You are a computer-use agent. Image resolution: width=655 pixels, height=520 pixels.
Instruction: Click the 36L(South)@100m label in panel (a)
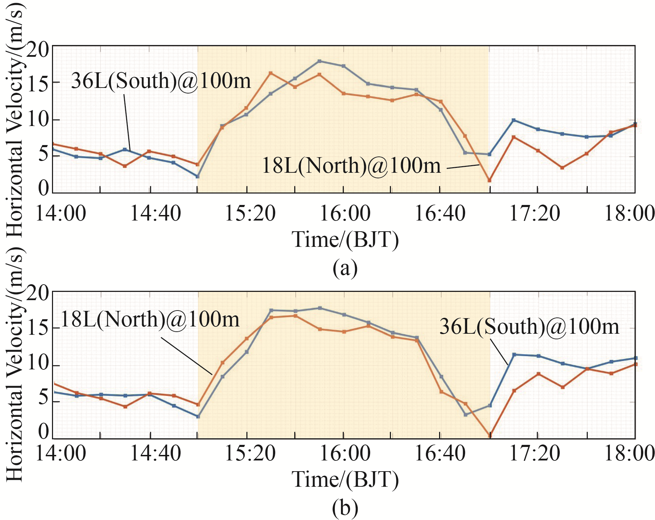point(161,81)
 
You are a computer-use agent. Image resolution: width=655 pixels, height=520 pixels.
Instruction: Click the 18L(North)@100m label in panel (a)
point(351,165)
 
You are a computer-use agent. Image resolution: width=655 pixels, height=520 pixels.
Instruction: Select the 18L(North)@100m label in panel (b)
point(150,319)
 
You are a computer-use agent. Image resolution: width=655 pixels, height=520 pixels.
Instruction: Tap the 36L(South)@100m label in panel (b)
point(529,326)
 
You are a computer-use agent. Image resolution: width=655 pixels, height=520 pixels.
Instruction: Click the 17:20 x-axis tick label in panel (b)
point(534,453)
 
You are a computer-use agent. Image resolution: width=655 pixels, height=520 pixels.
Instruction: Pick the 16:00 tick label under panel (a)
point(345,213)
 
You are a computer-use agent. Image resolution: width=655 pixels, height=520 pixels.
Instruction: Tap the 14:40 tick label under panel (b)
point(155,453)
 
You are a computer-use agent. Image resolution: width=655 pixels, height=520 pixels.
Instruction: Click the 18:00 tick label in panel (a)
point(629,213)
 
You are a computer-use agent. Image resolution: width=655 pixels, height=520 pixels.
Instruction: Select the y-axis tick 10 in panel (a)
point(38,120)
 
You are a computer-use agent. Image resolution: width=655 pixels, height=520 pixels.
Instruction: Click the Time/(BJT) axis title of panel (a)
point(345,240)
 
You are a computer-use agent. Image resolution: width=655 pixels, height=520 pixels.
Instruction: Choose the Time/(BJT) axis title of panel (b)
point(345,480)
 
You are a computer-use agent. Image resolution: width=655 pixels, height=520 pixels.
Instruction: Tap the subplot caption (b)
point(345,508)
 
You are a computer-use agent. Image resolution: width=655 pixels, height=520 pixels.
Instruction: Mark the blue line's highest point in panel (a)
point(320,61)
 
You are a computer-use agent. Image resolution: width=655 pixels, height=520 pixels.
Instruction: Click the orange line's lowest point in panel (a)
point(489,180)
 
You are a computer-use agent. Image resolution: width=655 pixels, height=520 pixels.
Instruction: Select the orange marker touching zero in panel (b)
point(490,435)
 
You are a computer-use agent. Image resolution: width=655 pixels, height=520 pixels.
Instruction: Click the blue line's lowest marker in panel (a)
point(198,176)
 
